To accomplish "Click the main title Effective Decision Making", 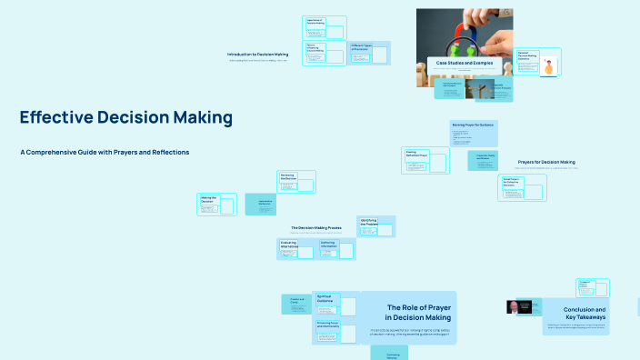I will pos(125,118).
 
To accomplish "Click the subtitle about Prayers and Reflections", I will pos(105,152).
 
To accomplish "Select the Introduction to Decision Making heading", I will pos(257,55).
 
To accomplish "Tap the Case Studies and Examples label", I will pos(465,63).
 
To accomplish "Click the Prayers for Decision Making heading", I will pos(545,162).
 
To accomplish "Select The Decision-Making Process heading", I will pos(315,227).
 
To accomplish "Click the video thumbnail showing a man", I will pos(519,307).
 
